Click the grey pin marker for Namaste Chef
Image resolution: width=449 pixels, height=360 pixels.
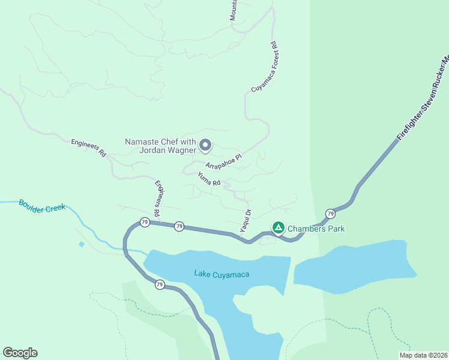click(x=205, y=145)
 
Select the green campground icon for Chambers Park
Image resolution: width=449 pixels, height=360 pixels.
click(x=278, y=228)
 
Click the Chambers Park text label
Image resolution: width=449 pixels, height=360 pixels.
click(x=316, y=229)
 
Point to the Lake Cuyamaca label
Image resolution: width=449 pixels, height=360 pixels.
click(x=221, y=274)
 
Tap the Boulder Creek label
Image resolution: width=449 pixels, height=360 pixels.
click(x=41, y=206)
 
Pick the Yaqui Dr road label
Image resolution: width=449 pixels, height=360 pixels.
click(x=246, y=221)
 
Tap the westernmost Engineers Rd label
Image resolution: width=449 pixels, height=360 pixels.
click(x=88, y=148)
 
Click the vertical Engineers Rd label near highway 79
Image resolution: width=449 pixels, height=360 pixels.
click(x=158, y=198)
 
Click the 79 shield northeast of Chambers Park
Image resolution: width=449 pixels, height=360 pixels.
click(x=330, y=214)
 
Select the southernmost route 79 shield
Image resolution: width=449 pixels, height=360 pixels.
click(x=159, y=284)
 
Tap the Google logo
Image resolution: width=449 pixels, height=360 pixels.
click(x=20, y=353)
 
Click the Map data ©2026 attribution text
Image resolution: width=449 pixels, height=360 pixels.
click(x=423, y=355)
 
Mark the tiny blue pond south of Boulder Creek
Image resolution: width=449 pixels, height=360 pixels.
click(x=81, y=244)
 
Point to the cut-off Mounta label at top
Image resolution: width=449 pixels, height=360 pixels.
click(x=234, y=10)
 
